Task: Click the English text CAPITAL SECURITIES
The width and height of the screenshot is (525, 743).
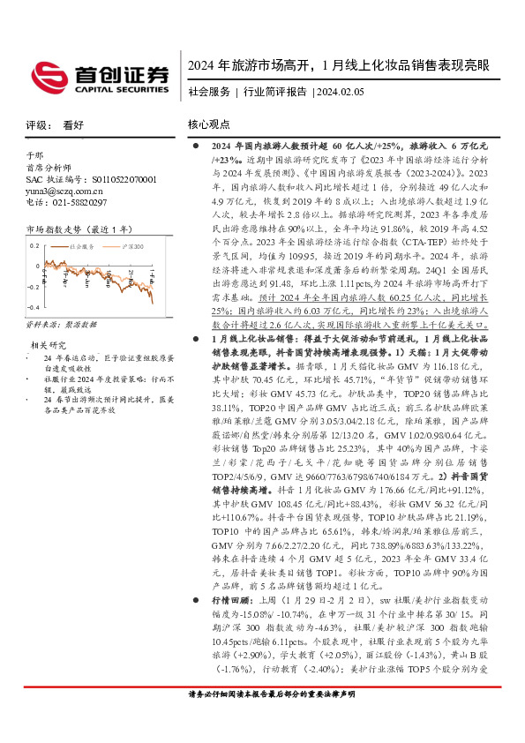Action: click(122, 89)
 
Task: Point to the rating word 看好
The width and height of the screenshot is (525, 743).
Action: click(72, 126)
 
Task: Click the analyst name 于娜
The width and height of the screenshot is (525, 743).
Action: click(34, 154)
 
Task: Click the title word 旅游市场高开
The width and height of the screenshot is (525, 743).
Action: click(269, 66)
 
